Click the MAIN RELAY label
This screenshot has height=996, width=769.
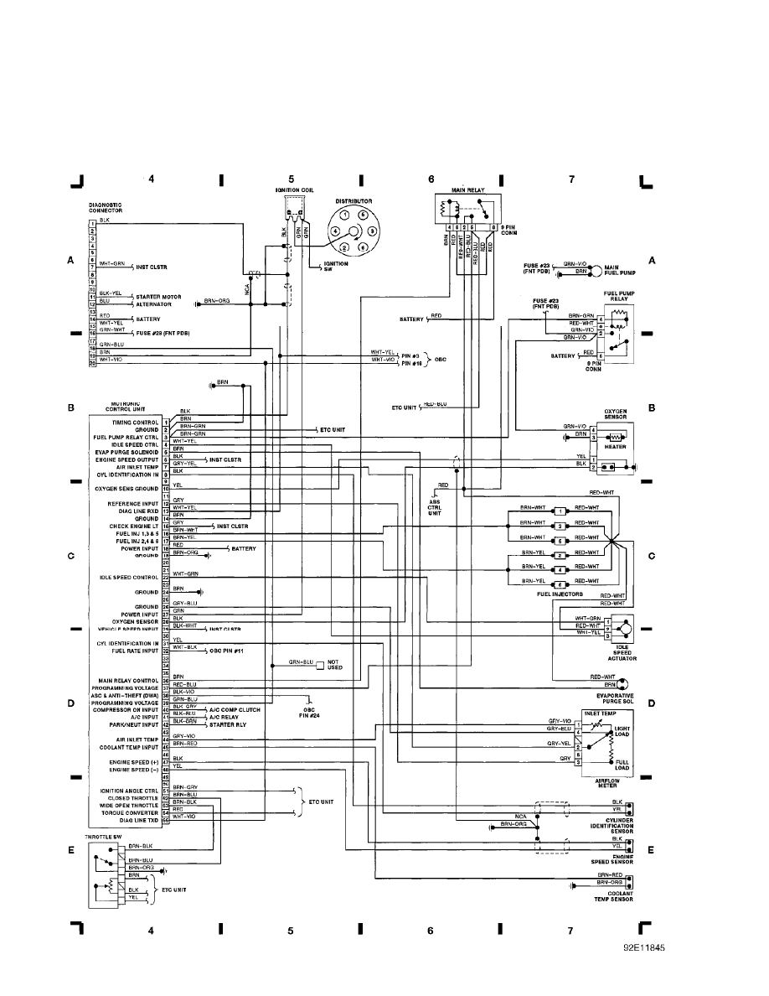468,190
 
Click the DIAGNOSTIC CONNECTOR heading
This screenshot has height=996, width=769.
106,207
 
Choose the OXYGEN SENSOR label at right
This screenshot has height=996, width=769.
616,413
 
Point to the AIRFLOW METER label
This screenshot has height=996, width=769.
607,783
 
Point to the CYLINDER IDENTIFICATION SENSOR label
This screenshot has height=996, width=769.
611,825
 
